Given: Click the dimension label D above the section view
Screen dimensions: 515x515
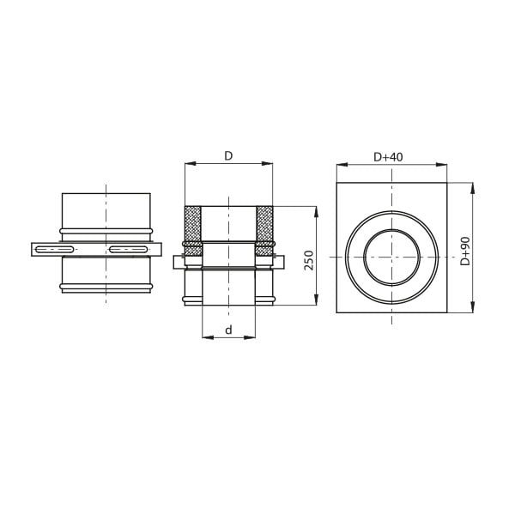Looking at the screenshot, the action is click(228, 156).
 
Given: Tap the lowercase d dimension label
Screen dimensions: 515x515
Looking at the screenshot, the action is click(228, 330).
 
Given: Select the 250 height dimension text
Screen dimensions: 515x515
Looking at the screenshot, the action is click(309, 260).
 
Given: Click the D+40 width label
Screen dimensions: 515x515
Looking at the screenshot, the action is click(388, 157).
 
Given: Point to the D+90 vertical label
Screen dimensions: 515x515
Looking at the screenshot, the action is click(465, 251).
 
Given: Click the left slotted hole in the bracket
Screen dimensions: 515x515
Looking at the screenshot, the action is click(55, 250).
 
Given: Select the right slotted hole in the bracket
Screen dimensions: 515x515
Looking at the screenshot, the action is click(129, 250).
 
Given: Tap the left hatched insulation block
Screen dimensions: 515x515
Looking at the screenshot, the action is click(193, 231).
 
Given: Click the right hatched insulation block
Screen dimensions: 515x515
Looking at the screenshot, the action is click(264, 231).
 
